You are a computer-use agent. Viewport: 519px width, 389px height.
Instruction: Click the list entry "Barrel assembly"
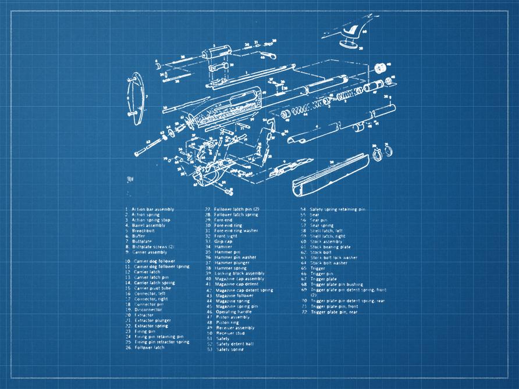pos(148,226)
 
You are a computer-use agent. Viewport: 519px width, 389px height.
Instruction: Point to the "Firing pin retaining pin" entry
pos(158,337)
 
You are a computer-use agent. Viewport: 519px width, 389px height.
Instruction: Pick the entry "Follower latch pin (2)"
pos(236,209)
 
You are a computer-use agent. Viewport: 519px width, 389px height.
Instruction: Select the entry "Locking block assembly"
pos(239,273)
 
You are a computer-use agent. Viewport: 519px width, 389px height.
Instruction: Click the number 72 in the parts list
pos(304,312)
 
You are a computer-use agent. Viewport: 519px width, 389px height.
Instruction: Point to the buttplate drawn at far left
pos(135,99)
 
